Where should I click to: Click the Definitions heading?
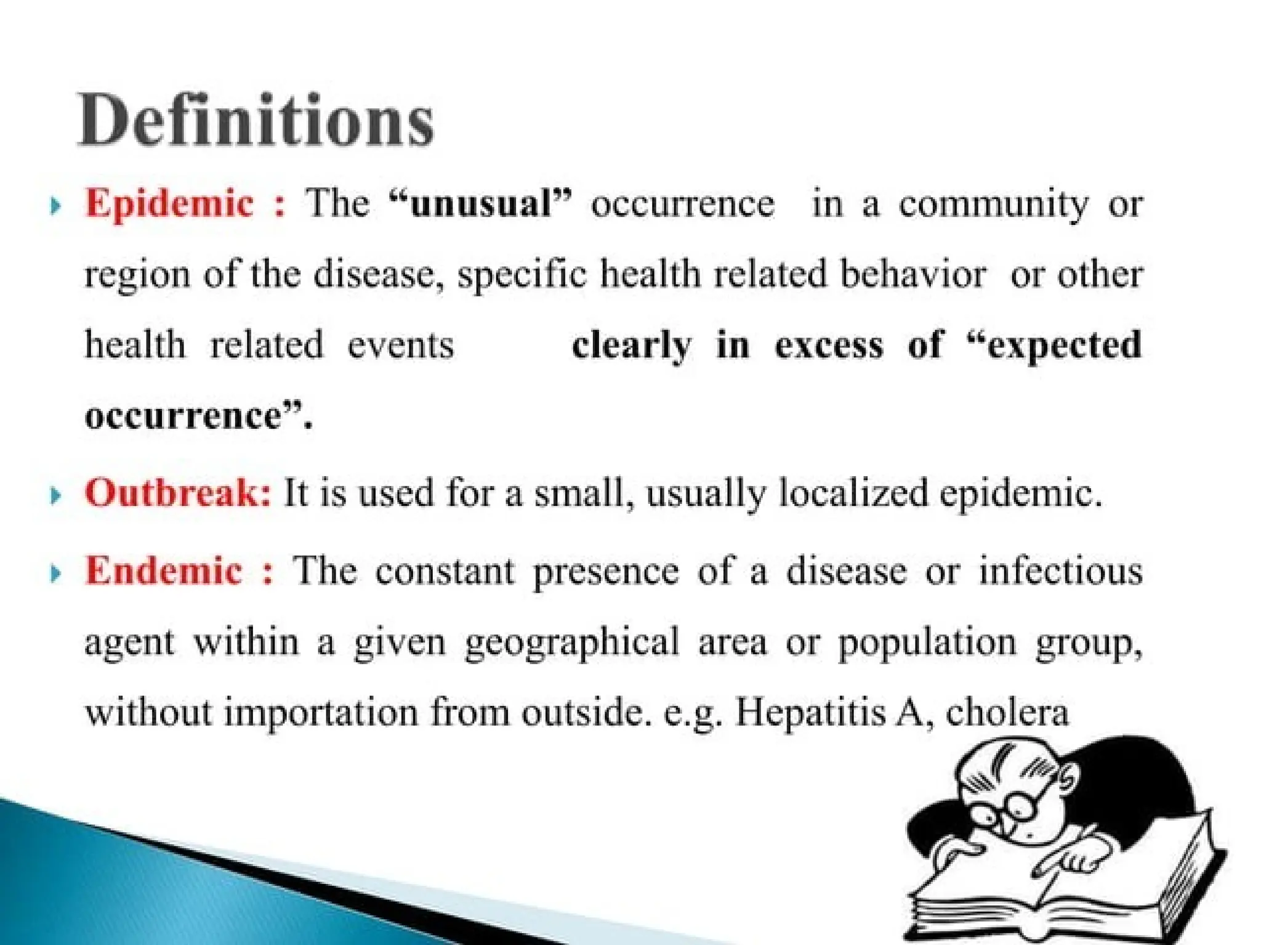(x=256, y=120)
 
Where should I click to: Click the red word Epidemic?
(x=169, y=203)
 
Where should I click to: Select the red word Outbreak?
(x=177, y=493)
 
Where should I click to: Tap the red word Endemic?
(x=163, y=570)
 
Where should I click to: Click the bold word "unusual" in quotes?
(x=481, y=203)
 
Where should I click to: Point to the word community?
(x=993, y=205)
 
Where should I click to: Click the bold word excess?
(x=829, y=346)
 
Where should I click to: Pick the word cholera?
(x=1007, y=713)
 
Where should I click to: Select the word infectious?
(x=1060, y=570)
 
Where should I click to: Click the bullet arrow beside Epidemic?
(x=55, y=205)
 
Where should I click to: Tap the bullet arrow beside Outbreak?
(x=55, y=495)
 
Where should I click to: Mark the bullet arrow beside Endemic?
(x=55, y=573)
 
